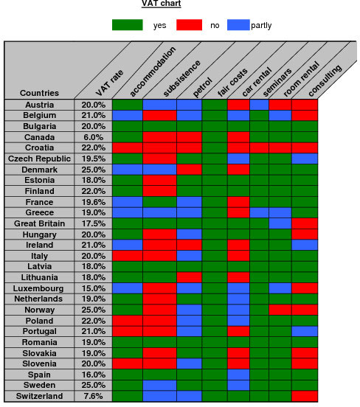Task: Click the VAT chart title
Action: click(161, 4)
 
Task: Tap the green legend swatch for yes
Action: click(128, 25)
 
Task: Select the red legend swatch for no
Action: click(189, 25)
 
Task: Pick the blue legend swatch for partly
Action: click(238, 25)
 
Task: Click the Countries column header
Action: click(40, 93)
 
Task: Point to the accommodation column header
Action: click(153, 72)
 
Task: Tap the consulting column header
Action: click(325, 80)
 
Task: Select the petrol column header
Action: click(203, 87)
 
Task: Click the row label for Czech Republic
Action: click(39, 159)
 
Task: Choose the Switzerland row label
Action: click(40, 396)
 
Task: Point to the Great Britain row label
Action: click(40, 223)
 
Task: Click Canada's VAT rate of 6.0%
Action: click(93, 137)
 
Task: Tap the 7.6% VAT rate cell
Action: click(93, 396)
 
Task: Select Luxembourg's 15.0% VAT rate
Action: click(93, 288)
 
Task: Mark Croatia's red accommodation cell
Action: click(128, 147)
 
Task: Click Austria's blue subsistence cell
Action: click(159, 105)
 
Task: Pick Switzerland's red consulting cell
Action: click(305, 396)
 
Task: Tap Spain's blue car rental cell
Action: click(238, 375)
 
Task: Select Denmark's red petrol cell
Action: click(189, 170)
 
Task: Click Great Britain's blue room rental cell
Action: click(280, 223)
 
